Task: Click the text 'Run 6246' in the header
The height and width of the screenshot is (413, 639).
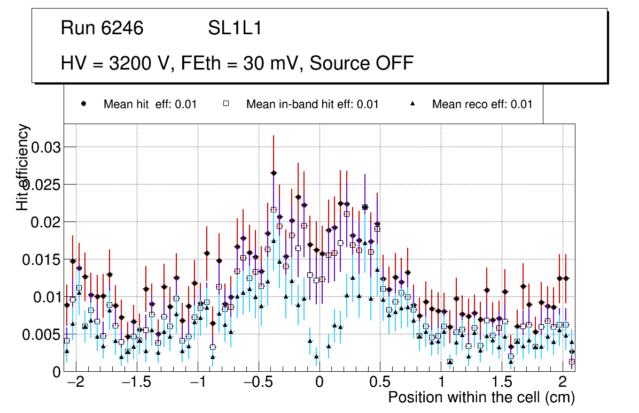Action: click(102, 28)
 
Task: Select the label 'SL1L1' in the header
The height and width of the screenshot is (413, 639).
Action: click(235, 28)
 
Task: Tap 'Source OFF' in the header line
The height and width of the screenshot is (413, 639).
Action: click(362, 63)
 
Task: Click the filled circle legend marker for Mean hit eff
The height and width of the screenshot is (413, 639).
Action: click(84, 104)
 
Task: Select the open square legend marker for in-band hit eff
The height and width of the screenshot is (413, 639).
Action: click(227, 104)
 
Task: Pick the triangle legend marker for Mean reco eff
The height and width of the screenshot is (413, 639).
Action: click(412, 104)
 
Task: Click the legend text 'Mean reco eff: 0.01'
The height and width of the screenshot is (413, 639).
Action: click(482, 104)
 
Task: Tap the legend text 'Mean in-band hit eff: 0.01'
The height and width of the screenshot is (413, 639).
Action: click(312, 104)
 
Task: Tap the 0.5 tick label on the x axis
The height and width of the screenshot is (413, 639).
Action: click(380, 383)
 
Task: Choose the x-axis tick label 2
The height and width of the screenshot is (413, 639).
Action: click(563, 383)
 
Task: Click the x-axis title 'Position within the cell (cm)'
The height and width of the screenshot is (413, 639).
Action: click(481, 398)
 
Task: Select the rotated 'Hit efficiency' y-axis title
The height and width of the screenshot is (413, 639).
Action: click(23, 167)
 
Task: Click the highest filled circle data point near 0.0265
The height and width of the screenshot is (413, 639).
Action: click(274, 173)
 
